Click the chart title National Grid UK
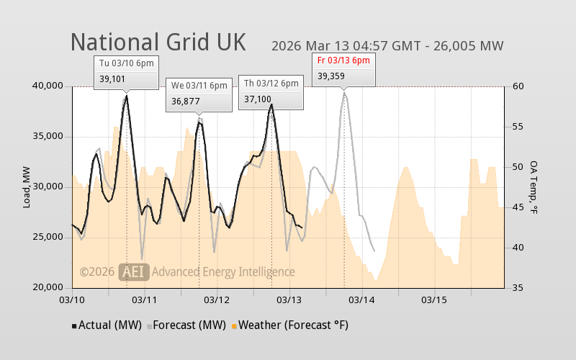pos(158,42)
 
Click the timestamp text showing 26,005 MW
pos(387,46)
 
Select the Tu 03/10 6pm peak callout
pos(126,71)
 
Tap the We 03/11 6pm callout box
pos(199,94)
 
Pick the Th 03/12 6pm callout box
pos(271,91)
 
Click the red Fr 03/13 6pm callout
pos(343,68)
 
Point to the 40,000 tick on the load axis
pos(48,86)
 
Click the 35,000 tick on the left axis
pos(48,137)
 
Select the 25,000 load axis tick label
pos(48,238)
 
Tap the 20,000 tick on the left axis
pos(48,288)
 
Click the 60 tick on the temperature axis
pos(517,86)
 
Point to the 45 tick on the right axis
pos(517,207)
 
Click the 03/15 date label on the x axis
pos(434,299)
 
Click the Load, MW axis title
pos(27,187)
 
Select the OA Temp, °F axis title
pos(534,187)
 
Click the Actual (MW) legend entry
pos(107,325)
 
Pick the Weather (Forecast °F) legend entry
pos(290,325)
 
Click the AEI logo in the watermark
pos(135,271)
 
